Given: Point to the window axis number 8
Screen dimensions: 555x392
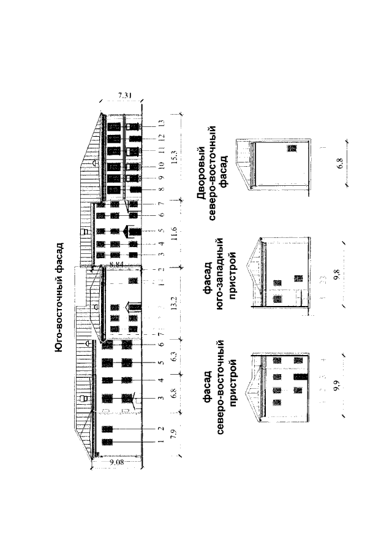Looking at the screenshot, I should click(159, 190).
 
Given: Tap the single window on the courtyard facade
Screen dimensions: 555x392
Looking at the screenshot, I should click(292, 148).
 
